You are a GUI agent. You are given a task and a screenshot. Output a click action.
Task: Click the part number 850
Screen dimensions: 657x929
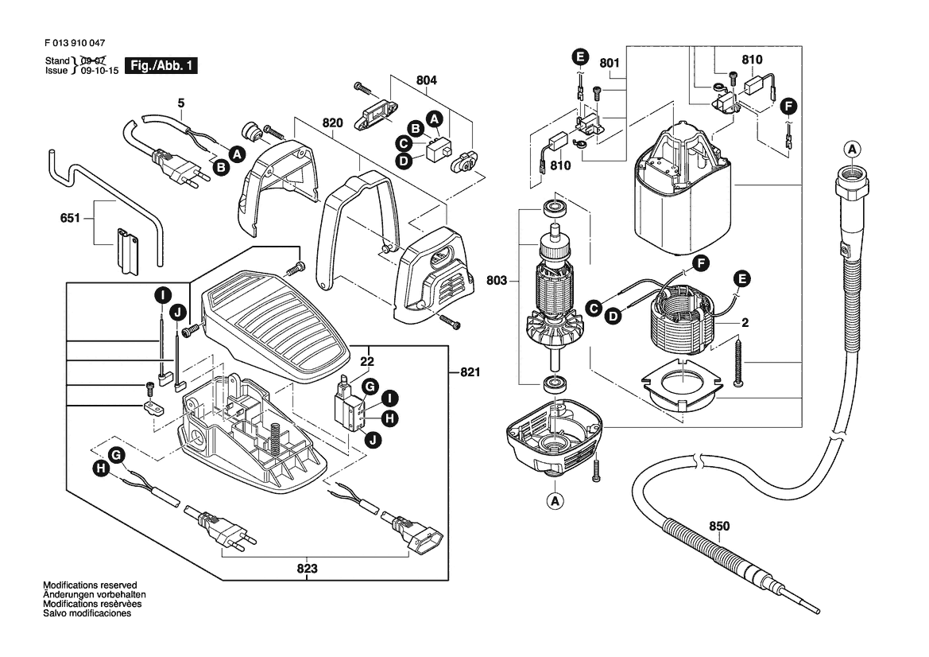718,526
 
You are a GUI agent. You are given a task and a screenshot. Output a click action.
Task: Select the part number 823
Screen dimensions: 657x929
308,569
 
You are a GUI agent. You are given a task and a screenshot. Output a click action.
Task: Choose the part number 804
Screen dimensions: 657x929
427,80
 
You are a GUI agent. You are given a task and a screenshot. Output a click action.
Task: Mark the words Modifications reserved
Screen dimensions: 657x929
90,585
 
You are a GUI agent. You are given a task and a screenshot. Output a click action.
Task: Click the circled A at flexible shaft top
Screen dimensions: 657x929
852,149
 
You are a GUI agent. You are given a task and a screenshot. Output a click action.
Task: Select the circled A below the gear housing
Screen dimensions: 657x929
555,500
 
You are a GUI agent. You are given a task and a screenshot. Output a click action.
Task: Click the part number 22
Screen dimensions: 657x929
366,360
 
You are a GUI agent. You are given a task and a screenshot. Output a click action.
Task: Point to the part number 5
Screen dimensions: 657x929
180,103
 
